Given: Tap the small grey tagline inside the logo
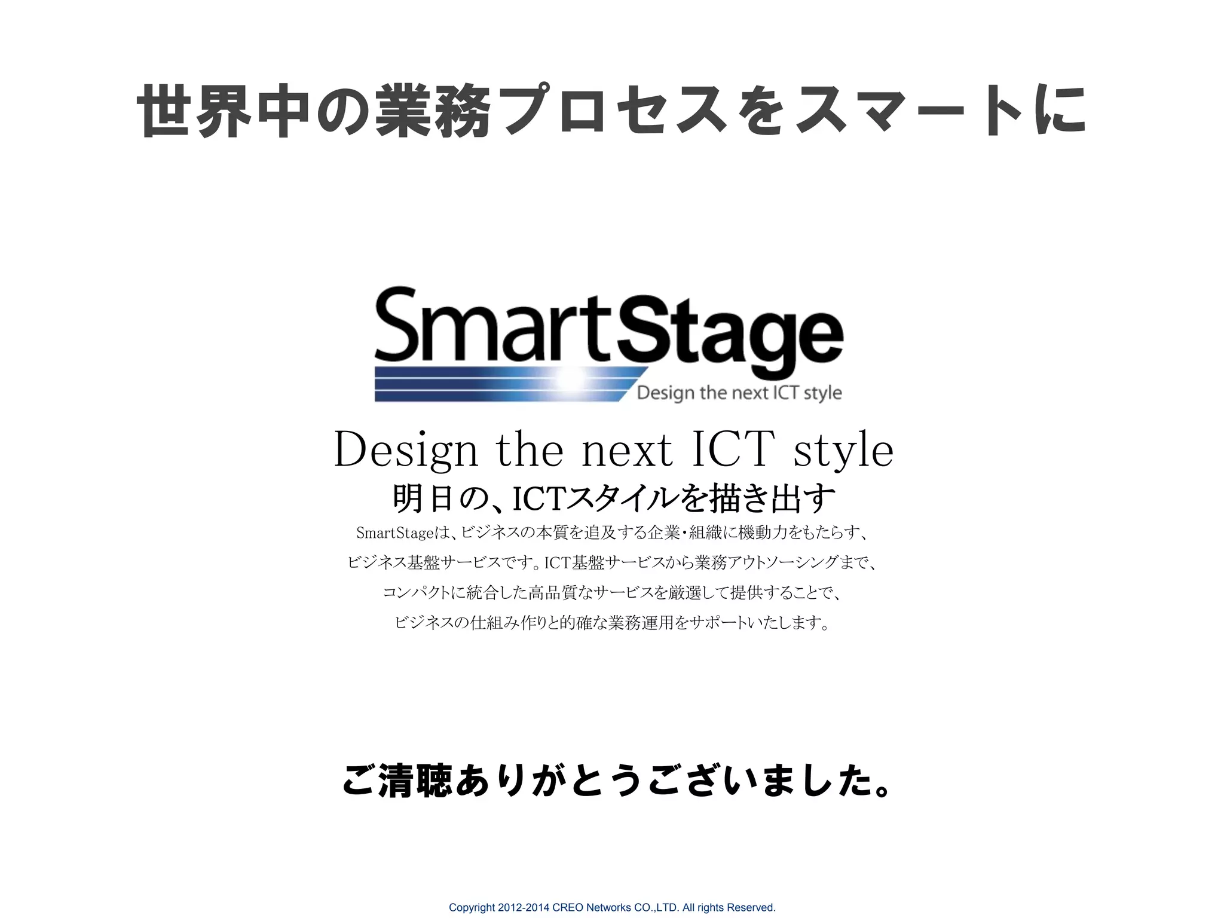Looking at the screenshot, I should [739, 393].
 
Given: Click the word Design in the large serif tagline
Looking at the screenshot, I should [406, 450].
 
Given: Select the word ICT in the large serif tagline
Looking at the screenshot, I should [733, 449].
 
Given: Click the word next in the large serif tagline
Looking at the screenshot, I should [627, 450].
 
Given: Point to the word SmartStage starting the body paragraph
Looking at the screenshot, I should [394, 533].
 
